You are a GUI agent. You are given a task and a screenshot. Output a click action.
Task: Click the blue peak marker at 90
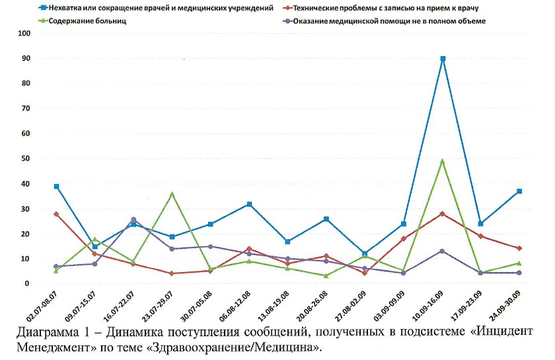443,59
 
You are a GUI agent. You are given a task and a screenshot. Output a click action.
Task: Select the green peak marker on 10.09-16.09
443,161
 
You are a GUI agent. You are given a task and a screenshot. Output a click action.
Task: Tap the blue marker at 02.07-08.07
57,186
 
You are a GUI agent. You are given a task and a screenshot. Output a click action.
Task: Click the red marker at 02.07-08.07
57,214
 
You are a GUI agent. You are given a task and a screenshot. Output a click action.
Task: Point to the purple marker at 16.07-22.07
134,219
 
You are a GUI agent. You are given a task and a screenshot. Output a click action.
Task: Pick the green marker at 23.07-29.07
172,194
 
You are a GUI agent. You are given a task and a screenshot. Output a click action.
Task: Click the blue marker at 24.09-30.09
520,191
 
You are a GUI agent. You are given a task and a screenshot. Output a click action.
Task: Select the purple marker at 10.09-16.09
443,251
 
